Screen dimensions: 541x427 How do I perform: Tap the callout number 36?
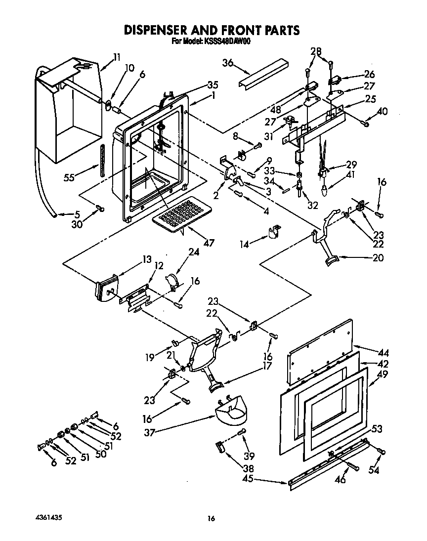click(x=227, y=63)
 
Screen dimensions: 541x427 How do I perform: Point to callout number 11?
click(x=116, y=57)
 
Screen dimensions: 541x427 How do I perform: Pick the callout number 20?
click(x=378, y=257)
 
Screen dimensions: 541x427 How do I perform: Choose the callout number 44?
click(x=383, y=353)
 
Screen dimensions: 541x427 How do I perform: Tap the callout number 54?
click(x=374, y=470)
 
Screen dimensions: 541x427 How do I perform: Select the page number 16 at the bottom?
click(x=212, y=518)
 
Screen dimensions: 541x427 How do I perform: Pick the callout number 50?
click(x=100, y=454)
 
